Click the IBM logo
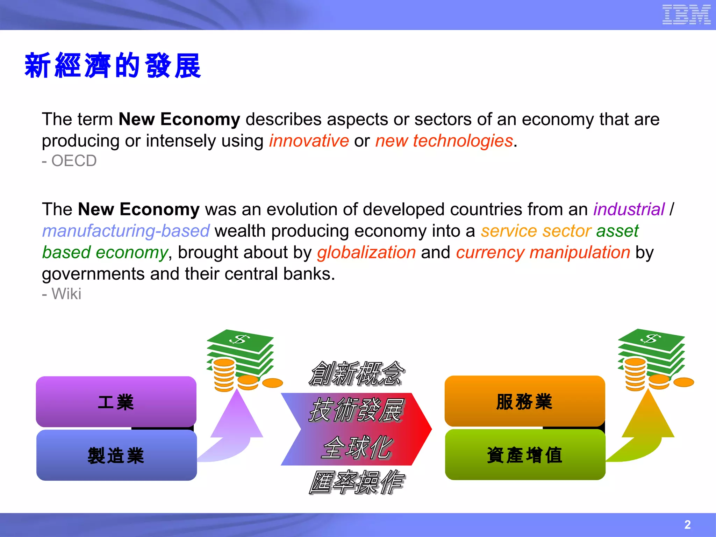pos(686,14)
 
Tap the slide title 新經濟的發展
pos(113,66)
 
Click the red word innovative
pos(309,141)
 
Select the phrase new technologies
pos(444,141)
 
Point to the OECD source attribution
pos(69,161)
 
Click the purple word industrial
pos(629,209)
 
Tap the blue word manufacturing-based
pos(126,231)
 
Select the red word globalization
pos(366,252)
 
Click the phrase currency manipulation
pos(543,252)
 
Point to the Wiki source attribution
pos(62,294)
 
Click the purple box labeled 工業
pos(116,401)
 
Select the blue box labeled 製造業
pos(116,455)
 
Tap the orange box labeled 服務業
pos(524,401)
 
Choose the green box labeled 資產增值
pos(525,454)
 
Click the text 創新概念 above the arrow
pos(356,373)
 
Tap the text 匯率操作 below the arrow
pos(356,482)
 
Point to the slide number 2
pos(687,524)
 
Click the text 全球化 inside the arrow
pos(356,447)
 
